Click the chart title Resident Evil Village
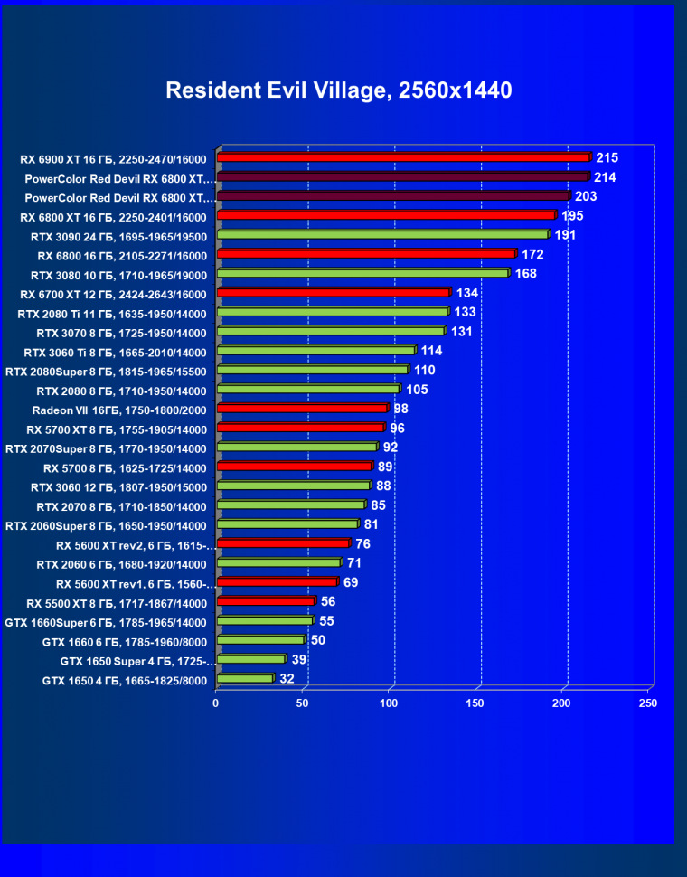point(338,90)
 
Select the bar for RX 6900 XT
point(403,157)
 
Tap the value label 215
point(607,157)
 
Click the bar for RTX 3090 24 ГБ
point(382,235)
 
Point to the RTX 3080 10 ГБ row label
point(118,275)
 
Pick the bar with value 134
point(333,293)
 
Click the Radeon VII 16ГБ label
point(119,410)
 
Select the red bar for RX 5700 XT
point(300,428)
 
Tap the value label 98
point(401,409)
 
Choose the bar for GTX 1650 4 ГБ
point(244,678)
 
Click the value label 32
point(287,678)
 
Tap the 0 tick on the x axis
point(216,703)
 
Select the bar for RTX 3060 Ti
point(315,351)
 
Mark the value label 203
point(586,196)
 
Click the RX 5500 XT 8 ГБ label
point(117,603)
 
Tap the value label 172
point(532,254)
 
